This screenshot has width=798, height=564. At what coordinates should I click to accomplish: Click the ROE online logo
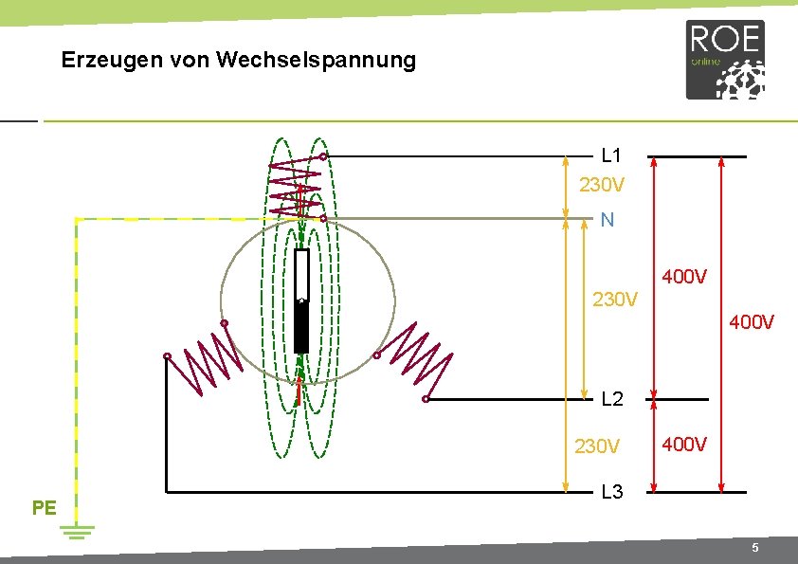[725, 60]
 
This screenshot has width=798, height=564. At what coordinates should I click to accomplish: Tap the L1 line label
[611, 155]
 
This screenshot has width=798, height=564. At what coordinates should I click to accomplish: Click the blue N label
[608, 220]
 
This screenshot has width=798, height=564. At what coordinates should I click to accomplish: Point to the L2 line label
[612, 399]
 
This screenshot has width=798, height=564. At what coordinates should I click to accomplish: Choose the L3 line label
[612, 493]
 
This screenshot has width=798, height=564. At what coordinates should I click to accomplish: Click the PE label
[44, 507]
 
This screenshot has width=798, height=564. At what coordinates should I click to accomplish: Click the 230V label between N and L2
[615, 300]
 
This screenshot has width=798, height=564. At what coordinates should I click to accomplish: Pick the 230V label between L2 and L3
[597, 446]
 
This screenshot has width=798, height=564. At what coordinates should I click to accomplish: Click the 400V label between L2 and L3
[683, 444]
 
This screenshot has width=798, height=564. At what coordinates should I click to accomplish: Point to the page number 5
[754, 549]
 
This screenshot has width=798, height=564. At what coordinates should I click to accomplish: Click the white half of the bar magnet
[301, 275]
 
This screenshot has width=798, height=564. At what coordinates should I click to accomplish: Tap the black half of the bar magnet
[301, 327]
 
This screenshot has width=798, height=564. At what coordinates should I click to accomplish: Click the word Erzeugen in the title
[102, 61]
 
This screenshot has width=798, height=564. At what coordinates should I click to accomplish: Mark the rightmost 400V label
[752, 323]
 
